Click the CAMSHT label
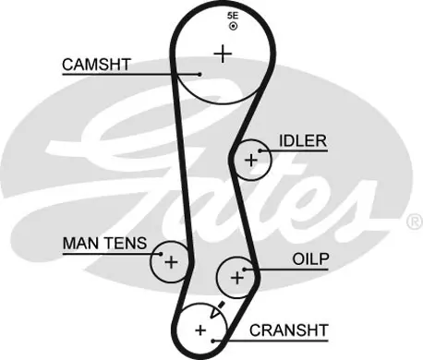[96, 65]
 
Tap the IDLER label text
[303, 141]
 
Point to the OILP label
[310, 259]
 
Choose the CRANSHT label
[288, 330]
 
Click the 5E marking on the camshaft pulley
[233, 16]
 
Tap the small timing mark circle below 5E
[234, 26]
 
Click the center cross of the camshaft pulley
[223, 54]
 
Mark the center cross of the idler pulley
[251, 161]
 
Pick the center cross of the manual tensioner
[171, 262]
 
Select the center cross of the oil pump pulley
[237, 278]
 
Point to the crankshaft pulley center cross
[200, 330]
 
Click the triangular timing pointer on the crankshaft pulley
[216, 311]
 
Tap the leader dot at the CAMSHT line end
[199, 74]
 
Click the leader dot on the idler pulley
[260, 150]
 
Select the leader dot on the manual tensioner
[161, 254]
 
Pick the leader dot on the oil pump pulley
[245, 270]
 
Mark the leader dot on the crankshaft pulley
[213, 341]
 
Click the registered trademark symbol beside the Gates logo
[416, 222]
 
